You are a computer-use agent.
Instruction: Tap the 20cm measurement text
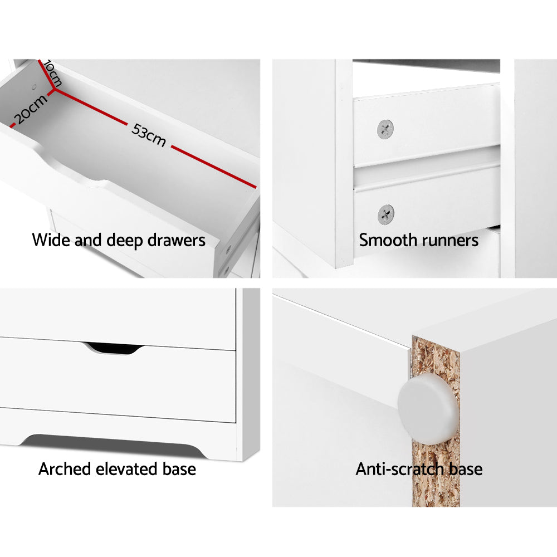[x=30, y=109]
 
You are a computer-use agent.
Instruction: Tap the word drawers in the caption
[x=177, y=241]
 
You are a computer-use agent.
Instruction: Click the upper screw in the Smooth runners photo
[x=385, y=129]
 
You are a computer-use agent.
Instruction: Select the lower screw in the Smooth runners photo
[x=385, y=214]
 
